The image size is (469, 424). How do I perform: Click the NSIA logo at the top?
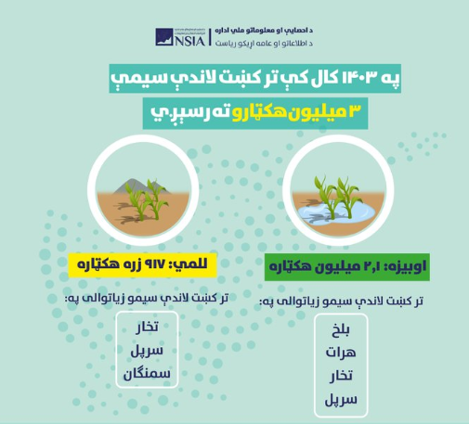coord(180,37)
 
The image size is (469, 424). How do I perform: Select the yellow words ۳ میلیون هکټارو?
coord(296,112)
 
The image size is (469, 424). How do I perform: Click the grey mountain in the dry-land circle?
coord(141,186)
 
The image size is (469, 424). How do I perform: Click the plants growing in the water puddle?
coord(337,197)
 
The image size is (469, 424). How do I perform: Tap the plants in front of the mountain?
coord(147,199)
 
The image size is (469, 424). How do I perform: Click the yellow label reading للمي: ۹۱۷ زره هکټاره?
coord(142,265)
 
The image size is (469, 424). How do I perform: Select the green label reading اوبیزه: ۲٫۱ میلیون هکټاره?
coord(347,267)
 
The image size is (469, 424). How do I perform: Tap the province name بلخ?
coord(341,330)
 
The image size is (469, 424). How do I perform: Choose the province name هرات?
coord(341,353)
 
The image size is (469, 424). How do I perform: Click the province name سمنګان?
coord(147,374)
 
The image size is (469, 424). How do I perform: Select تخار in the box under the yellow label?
coord(147,327)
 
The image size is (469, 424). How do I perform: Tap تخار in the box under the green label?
coord(341,376)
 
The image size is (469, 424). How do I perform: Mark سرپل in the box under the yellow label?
coord(147,351)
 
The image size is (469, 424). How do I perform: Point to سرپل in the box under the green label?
coord(341,400)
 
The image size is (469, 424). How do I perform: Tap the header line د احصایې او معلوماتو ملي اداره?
coord(264,31)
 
